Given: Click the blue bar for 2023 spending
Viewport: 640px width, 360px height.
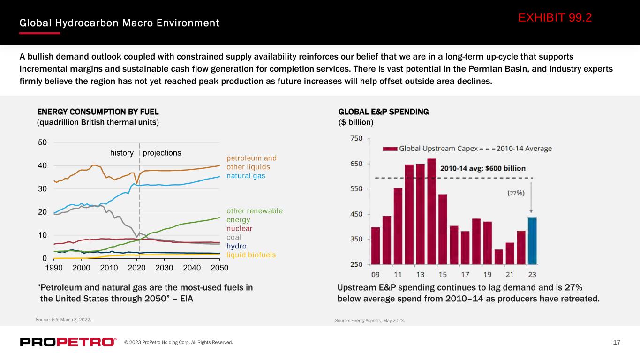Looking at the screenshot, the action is pos(532,240).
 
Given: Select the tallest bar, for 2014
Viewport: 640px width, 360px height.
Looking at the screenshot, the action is pos(431,211).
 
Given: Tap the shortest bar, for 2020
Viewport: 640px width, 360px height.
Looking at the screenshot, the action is pos(498,257).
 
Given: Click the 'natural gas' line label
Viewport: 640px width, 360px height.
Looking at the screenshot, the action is pos(246,176).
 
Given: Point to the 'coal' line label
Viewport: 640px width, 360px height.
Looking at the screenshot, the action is pos(233,237).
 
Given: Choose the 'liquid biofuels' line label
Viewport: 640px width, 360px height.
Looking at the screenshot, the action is pos(251,255).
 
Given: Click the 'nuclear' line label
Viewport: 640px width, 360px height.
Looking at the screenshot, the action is pos(239,229).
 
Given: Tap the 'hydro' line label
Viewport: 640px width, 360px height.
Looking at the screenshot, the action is pos(236,246).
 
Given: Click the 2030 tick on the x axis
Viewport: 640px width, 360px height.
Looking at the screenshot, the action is pos(164,268).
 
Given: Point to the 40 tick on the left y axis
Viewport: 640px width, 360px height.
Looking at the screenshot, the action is pos(42,165).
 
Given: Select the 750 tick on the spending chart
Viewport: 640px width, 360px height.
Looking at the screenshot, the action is pos(356,138).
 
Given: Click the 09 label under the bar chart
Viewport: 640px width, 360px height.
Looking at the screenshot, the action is pos(375,275).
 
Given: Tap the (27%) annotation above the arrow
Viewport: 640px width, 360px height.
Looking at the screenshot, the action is pos(516,193).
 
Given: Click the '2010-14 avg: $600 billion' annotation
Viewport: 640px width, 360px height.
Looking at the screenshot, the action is pos(483,168).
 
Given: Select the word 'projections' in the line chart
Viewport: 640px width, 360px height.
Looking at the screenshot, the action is pos(162,153).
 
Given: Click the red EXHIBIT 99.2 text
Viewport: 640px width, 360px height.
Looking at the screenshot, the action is pos(555,18).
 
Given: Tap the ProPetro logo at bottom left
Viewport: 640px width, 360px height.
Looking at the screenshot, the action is pos(68,342).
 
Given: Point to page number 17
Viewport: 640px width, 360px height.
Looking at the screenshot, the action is pos(617,342).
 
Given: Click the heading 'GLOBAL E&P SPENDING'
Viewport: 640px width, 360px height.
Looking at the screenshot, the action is pos(384,112).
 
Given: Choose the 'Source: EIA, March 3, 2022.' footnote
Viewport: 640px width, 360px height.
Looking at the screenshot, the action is pos(63,319).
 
